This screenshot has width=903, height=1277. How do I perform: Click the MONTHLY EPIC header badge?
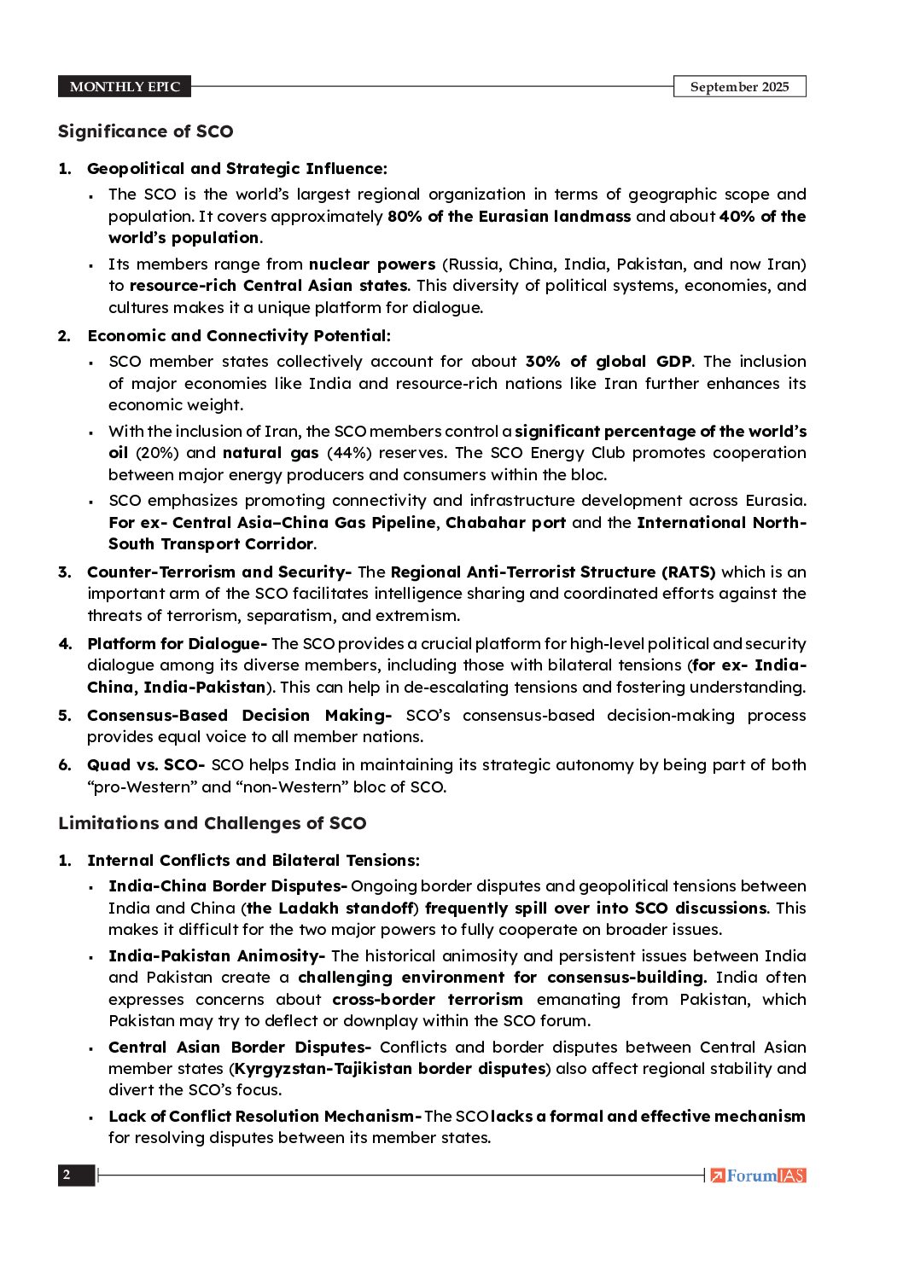(125, 87)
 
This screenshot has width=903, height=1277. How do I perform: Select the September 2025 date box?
(739, 87)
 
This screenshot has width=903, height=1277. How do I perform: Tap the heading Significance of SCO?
(145, 131)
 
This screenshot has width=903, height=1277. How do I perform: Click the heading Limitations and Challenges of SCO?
(212, 823)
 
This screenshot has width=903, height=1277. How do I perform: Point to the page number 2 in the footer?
(67, 1175)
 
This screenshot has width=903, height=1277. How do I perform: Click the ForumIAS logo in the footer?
(759, 1175)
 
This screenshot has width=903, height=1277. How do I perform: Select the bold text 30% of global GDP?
(608, 362)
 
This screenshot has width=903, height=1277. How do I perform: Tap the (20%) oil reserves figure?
(156, 453)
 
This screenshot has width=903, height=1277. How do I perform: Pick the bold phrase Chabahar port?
(505, 522)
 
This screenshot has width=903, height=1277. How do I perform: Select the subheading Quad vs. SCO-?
(145, 765)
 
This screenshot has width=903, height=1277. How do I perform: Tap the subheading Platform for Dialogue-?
(177, 644)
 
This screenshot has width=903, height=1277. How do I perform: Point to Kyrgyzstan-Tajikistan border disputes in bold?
(390, 1069)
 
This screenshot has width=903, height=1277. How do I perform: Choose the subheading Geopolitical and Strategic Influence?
(236, 169)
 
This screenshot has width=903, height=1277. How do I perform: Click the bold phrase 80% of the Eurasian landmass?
(509, 217)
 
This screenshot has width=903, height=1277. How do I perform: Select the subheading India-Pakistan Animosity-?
(217, 956)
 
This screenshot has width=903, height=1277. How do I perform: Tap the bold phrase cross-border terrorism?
(428, 1000)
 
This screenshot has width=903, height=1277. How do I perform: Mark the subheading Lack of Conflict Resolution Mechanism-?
(265, 1117)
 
